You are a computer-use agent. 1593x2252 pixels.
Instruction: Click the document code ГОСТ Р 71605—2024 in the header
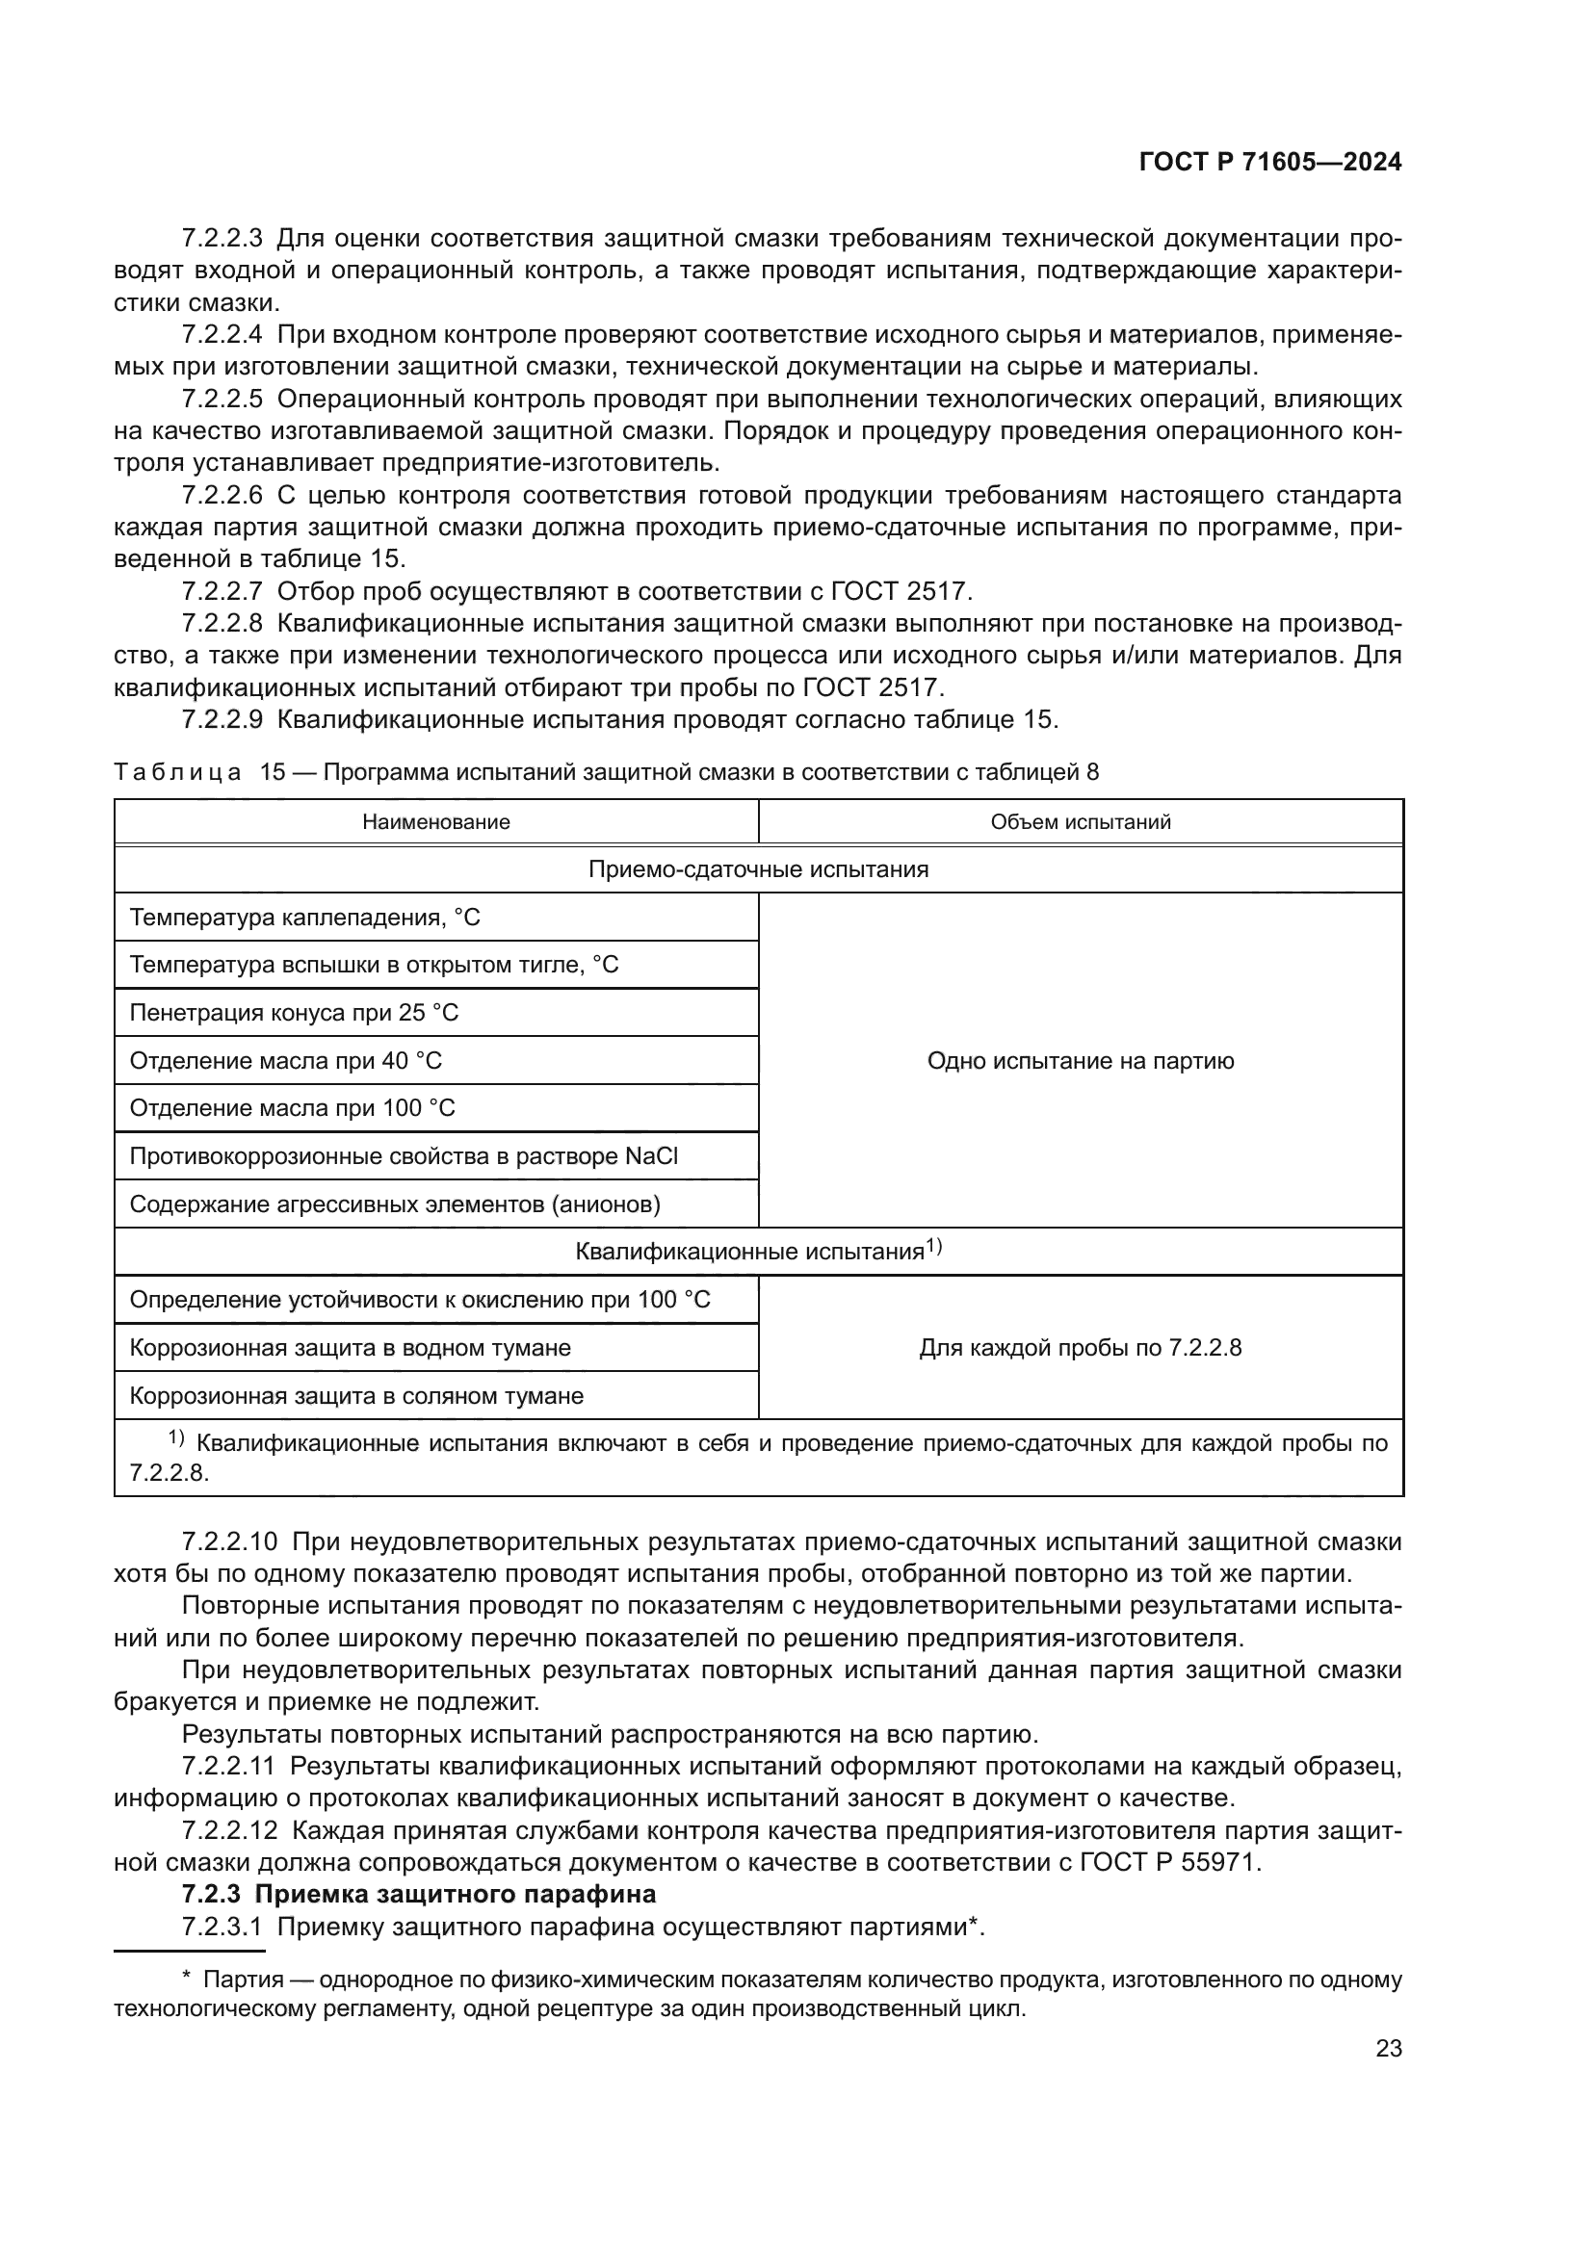(x=1269, y=163)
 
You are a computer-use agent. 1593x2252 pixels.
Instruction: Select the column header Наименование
(x=435, y=822)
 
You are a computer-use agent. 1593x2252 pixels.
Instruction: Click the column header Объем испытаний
(x=1080, y=822)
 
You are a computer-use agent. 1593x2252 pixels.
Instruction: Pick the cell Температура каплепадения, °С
(x=305, y=918)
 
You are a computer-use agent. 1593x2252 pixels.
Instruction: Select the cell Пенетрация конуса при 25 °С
(x=295, y=1012)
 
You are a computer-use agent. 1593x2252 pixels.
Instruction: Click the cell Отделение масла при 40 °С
(x=285, y=1060)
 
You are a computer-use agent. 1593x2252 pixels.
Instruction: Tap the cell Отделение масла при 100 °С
(x=293, y=1107)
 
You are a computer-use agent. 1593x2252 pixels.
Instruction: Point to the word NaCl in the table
(x=651, y=1155)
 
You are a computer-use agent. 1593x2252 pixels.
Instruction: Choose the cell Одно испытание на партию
(x=1080, y=1060)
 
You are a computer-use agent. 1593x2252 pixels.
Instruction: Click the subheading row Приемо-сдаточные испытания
(x=758, y=869)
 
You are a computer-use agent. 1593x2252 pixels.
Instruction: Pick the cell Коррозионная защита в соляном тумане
(x=356, y=1395)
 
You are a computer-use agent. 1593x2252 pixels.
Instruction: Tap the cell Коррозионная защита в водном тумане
(x=351, y=1347)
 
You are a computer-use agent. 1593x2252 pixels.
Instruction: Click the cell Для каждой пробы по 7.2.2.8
(x=1080, y=1347)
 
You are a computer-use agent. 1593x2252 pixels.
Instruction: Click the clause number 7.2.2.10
(x=229, y=1540)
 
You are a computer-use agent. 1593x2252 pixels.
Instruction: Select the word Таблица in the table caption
(x=176, y=772)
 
